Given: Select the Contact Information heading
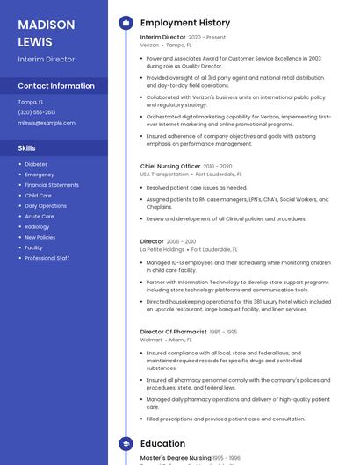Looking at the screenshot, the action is tap(56, 86).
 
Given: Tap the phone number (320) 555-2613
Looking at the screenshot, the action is tap(37, 112).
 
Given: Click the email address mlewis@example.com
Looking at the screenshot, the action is tap(47, 123).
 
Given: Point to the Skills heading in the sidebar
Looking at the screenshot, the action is tap(27, 148).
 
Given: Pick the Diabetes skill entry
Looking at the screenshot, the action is tap(36, 164).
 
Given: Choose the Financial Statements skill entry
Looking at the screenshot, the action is tap(52, 185).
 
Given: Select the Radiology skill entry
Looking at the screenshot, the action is tap(38, 226).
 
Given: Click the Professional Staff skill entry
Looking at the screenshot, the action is tap(47, 258).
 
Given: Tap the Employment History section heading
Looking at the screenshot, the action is tap(185, 23).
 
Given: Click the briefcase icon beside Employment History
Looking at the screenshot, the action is tap(126, 23).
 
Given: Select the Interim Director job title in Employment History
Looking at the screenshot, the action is tap(163, 37).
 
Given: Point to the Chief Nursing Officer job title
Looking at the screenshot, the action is tap(170, 166).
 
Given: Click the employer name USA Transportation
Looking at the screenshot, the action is tap(164, 175).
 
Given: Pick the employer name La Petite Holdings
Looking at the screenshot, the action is tap(162, 249).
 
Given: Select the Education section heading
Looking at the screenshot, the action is tap(162, 444).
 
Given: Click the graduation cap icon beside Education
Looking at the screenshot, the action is tap(126, 444).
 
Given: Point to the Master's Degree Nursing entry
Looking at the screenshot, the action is tap(176, 458).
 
